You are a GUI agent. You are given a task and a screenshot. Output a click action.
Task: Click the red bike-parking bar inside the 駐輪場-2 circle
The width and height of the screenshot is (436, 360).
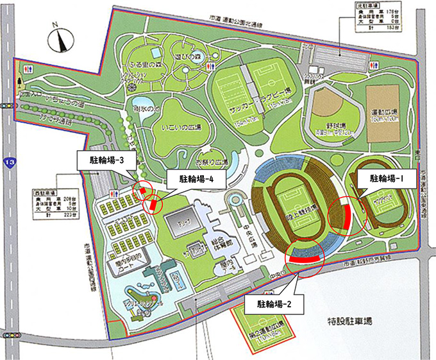pos(303,258)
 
